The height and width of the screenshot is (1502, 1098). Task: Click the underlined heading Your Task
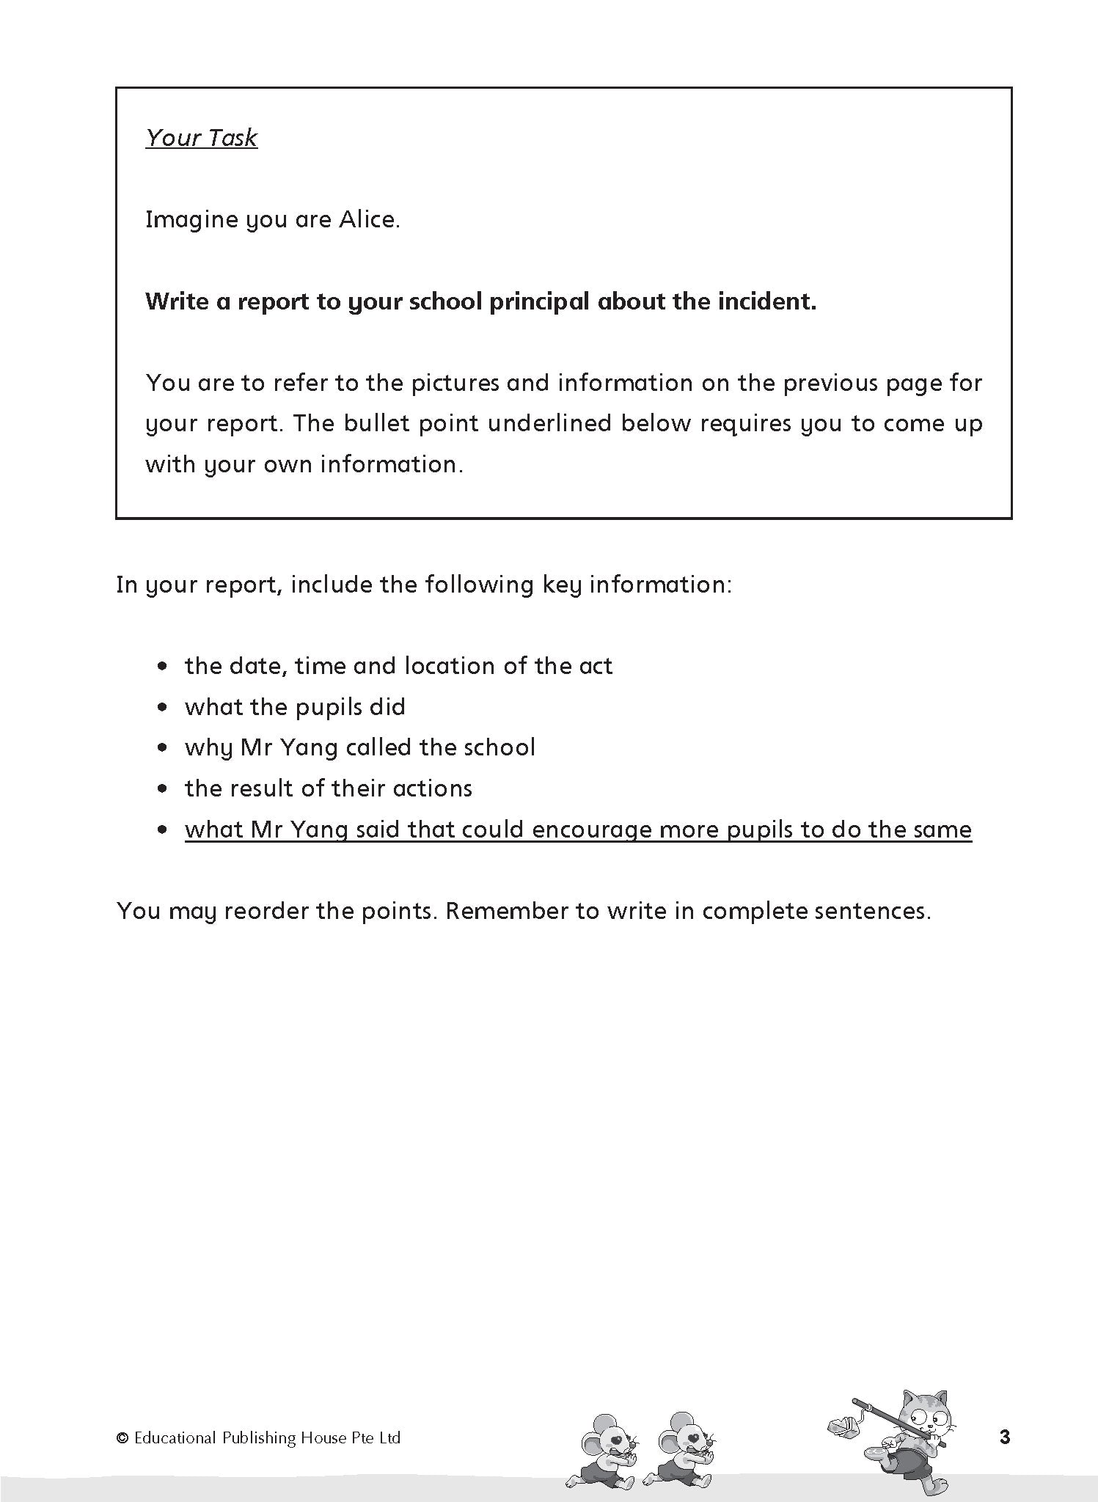(201, 137)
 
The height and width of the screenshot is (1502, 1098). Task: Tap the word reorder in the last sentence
(264, 911)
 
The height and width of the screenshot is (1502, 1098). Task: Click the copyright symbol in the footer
(122, 1438)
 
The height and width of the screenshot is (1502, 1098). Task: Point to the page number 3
(1005, 1437)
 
